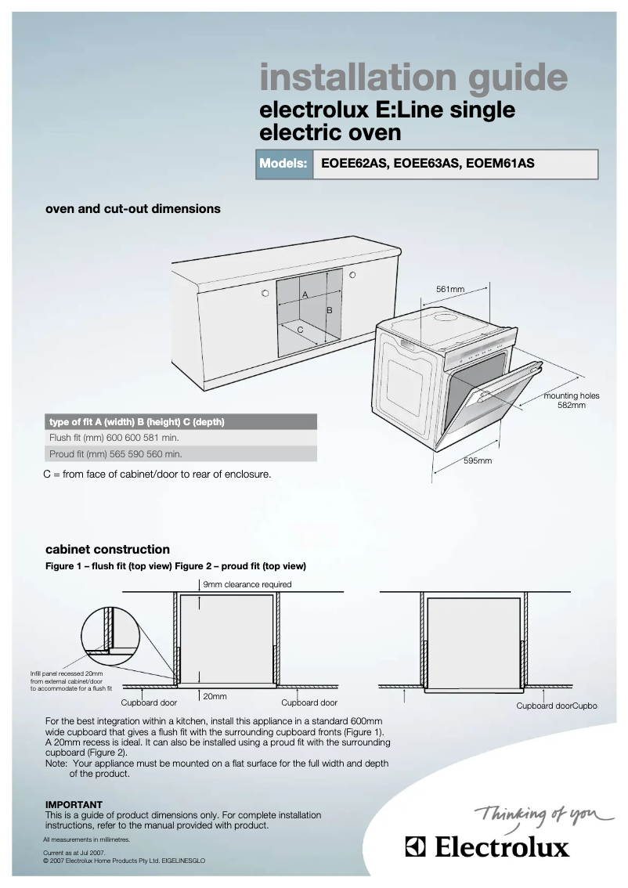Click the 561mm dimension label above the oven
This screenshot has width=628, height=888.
tap(450, 290)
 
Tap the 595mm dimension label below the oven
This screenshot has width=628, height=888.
tap(477, 461)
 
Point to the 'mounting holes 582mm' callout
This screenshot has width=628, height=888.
tap(572, 400)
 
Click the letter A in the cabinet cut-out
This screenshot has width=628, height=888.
tap(305, 294)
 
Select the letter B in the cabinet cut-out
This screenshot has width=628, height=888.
tap(330, 311)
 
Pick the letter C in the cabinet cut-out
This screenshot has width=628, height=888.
tap(300, 330)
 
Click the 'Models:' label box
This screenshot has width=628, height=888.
tap(283, 164)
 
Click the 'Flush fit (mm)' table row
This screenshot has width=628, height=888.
tap(181, 438)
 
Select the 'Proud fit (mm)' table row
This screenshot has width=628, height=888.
tap(181, 453)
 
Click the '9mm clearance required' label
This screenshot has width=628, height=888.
tap(247, 584)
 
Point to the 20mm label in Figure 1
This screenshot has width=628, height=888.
tap(215, 695)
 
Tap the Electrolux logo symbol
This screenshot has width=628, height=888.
tap(415, 847)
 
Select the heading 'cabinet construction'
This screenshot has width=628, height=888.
tap(107, 549)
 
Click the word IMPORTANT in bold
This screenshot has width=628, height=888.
tap(74, 804)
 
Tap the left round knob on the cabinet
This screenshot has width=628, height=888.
tap(265, 294)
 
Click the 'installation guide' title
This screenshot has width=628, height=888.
tap(413, 78)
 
